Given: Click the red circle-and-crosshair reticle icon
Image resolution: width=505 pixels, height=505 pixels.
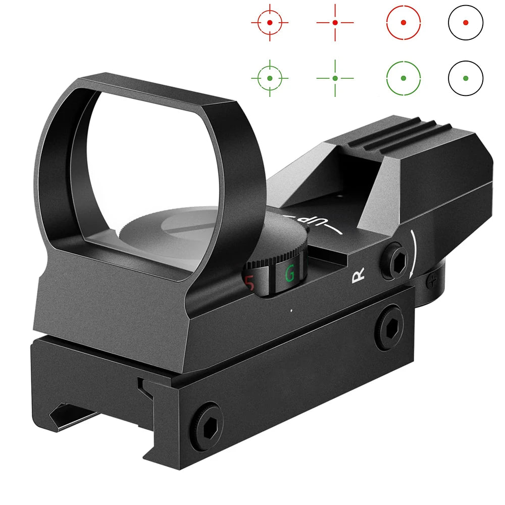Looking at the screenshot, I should click(x=270, y=23).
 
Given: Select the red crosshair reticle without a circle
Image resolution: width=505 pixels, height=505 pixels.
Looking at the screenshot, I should click(x=335, y=23).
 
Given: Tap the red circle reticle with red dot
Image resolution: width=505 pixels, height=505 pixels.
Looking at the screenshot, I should click(x=403, y=23).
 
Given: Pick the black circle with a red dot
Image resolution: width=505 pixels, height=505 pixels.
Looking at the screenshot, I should click(x=465, y=23).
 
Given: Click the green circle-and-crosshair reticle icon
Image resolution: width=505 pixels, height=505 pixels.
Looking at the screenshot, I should click(x=270, y=78).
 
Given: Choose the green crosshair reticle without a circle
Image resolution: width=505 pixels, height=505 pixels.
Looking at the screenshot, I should click(x=335, y=78).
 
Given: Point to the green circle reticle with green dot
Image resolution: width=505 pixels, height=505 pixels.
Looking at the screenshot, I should click(x=403, y=78).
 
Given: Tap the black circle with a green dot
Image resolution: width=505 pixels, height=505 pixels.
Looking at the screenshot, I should click(x=465, y=78).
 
